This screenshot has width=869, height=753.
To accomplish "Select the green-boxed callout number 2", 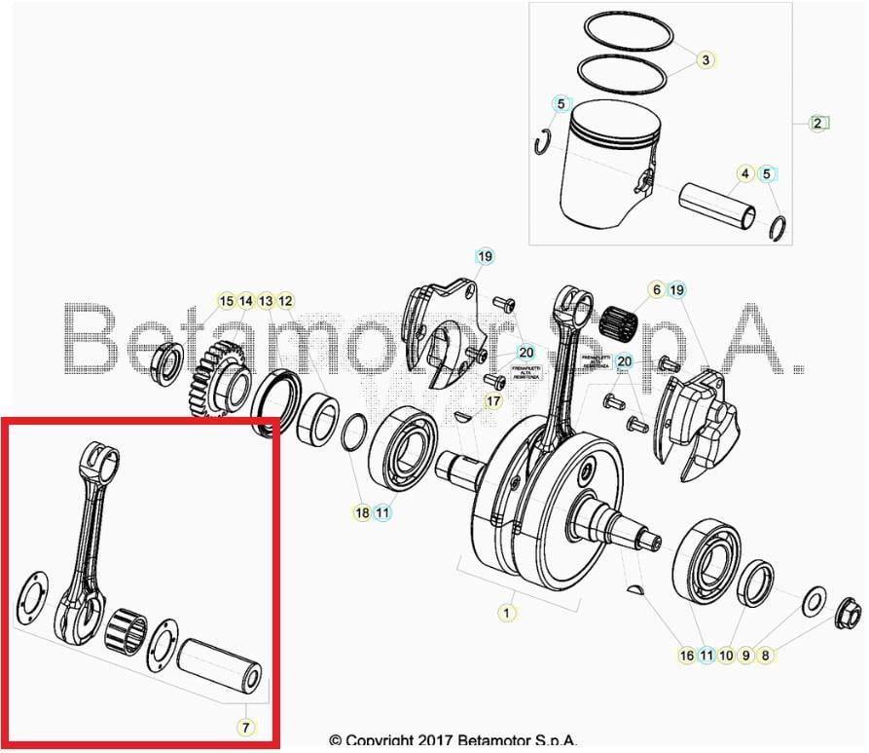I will pos(818,124).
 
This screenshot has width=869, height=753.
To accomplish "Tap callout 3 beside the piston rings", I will pos(706,60).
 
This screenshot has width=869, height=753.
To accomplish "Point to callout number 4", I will pos(745,174).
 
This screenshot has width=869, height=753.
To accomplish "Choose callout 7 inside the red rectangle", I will pos(245,727).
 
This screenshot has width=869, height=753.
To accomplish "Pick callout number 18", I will pos(362,512).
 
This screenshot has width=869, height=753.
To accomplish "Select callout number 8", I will pos(766,656).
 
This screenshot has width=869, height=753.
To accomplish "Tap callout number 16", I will pos(687,656).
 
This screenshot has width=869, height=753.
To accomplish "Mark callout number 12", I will pos(285,301).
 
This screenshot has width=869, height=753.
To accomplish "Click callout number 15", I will pos(226,301).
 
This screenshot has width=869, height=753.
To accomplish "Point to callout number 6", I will pos(656,289).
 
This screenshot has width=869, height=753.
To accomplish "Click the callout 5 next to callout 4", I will pos(767,174).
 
